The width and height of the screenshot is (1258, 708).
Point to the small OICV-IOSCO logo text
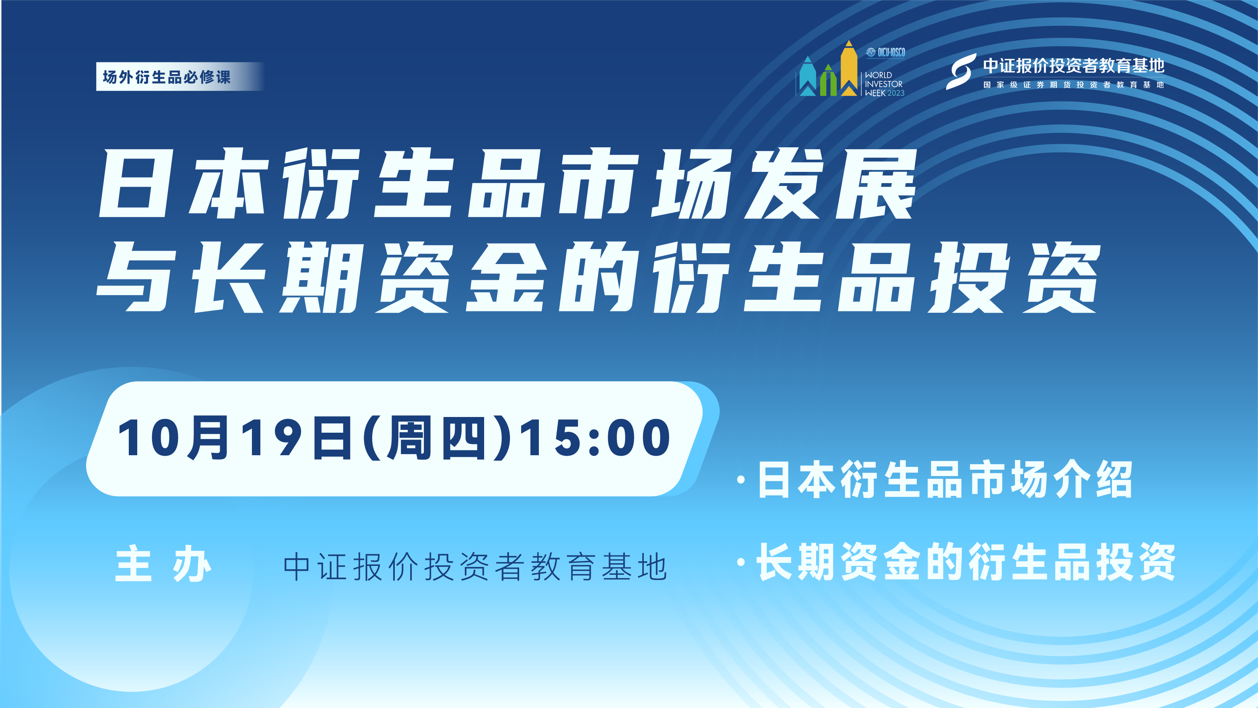[x=885, y=52]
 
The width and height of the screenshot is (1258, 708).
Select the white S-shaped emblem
[x=961, y=71]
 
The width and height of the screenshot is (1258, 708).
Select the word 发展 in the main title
[x=830, y=183]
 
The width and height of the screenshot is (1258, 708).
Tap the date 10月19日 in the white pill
[x=235, y=438]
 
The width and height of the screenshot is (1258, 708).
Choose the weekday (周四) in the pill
[x=437, y=438]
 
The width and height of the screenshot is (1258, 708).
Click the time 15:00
[x=595, y=438]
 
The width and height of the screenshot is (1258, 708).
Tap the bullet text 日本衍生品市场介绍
[x=945, y=479]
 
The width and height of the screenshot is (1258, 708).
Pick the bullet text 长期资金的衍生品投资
[x=966, y=562]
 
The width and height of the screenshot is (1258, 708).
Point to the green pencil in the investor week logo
[x=828, y=81]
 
